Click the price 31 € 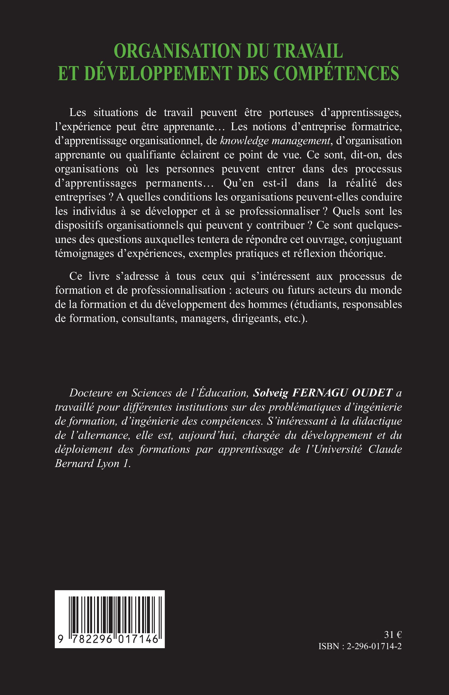pyautogui.click(x=393, y=635)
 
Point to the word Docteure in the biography pyautogui.click(x=91, y=393)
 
